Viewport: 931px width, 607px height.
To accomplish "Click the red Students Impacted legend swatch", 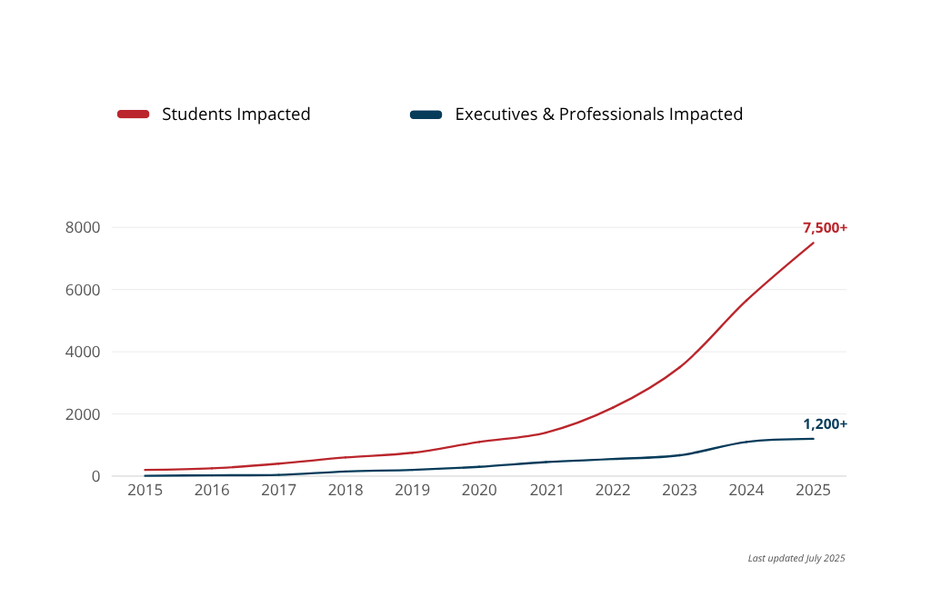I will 133,114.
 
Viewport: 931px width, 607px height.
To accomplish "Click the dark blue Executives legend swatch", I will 425,114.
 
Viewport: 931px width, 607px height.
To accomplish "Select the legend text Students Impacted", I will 236,114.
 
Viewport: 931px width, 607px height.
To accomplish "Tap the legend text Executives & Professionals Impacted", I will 598,114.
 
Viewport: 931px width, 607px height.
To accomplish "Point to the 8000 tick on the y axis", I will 83,227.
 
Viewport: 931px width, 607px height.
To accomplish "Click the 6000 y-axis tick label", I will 83,290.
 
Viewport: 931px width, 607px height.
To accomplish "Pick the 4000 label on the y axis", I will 83,352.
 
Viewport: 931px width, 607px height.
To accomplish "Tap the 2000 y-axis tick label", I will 83,414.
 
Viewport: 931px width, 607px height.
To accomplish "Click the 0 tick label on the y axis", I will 95,476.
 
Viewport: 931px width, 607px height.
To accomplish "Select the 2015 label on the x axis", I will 145,491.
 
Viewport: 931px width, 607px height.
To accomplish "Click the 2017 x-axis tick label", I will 278,491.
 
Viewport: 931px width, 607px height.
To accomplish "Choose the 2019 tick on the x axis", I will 412,491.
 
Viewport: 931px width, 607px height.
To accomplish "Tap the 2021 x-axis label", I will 546,491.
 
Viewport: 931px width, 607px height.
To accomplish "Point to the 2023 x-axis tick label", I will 679,491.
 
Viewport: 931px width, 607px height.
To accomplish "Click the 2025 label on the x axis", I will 813,491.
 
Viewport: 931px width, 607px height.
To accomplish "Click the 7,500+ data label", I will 825,228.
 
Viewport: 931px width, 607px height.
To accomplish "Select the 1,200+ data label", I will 825,424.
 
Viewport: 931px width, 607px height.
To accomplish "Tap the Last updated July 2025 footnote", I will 796,558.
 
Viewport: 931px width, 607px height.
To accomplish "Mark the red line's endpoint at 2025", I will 814,243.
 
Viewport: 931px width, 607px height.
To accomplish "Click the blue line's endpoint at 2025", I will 814,439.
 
